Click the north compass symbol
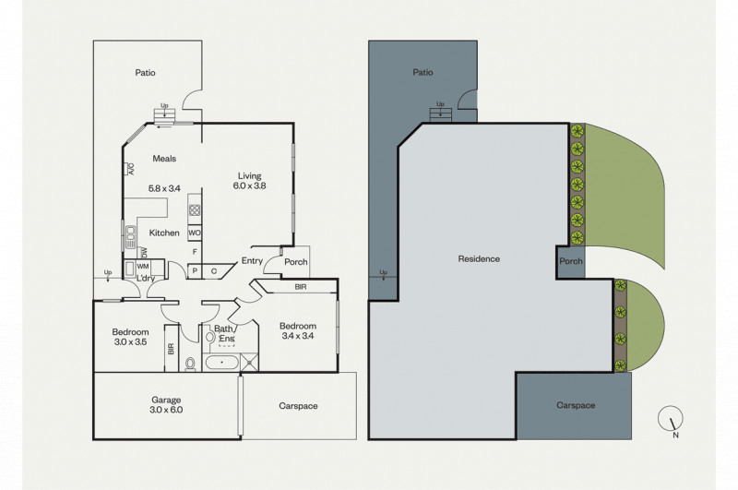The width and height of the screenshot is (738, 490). point(671,418)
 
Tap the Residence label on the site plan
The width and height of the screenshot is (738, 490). point(479,259)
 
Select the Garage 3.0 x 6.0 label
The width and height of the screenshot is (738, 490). point(166,405)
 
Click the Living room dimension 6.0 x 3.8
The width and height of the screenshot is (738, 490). point(249,185)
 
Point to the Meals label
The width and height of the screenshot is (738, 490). point(164,159)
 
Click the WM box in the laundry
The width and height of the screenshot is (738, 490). point(143,267)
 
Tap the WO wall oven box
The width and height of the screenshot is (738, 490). point(195,233)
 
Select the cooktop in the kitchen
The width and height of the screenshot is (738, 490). point(195,209)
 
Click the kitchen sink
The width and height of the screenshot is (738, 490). point(130,237)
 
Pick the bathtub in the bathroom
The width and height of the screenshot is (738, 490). point(222,363)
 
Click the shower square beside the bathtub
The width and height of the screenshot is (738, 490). point(249,362)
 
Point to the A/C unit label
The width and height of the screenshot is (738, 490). point(130,169)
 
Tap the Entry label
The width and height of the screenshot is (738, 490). point(252,261)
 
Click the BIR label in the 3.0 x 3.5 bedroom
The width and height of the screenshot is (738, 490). point(171,349)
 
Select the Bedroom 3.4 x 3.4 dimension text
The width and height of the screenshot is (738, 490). point(298,336)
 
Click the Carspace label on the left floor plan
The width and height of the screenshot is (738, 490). point(298,406)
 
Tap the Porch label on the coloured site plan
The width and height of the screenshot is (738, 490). point(571,261)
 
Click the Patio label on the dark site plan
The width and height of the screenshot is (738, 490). point(423,73)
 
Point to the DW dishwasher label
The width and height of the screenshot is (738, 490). point(145,252)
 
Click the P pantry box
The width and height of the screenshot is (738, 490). point(194,271)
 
